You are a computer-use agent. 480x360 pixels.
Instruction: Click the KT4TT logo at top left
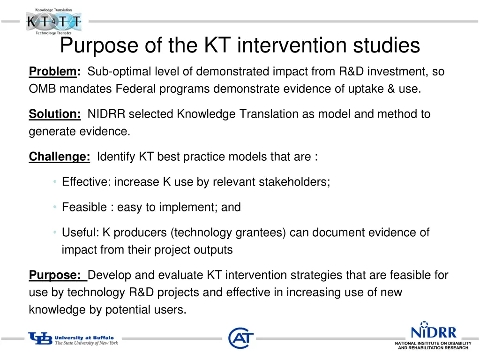tap(53, 21)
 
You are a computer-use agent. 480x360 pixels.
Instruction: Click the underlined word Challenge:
tap(60, 157)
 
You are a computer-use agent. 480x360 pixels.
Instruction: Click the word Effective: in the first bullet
tap(86, 182)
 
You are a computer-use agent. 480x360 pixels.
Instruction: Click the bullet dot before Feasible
tap(55, 207)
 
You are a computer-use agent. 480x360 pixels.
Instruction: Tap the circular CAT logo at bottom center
tap(241, 338)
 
